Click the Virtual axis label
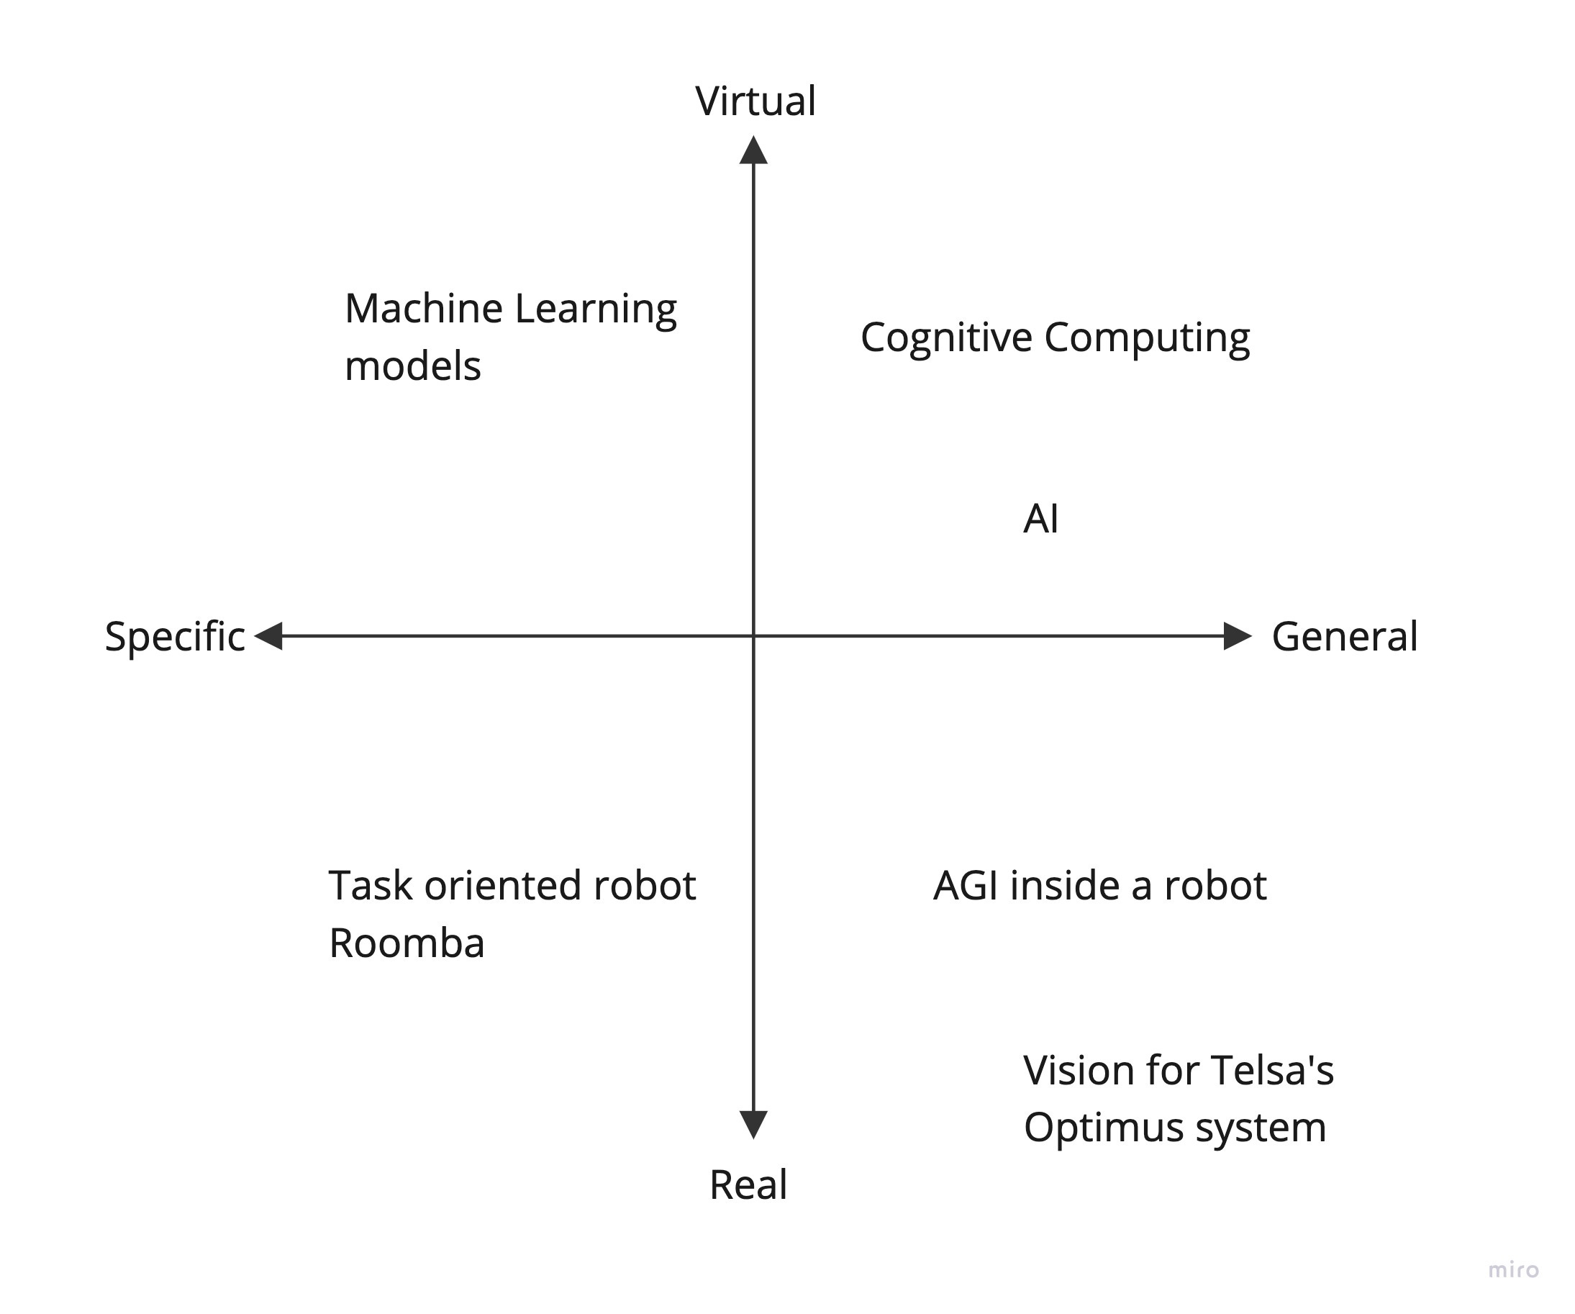755,101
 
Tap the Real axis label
748,1185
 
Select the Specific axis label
175,637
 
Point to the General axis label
1344,637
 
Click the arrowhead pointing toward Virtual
753,150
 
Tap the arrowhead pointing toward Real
753,1123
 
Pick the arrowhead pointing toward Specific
268,636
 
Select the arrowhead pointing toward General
1237,636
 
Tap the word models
412,367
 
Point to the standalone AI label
1040,518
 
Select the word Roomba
407,943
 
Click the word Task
371,885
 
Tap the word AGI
966,885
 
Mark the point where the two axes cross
753,636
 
